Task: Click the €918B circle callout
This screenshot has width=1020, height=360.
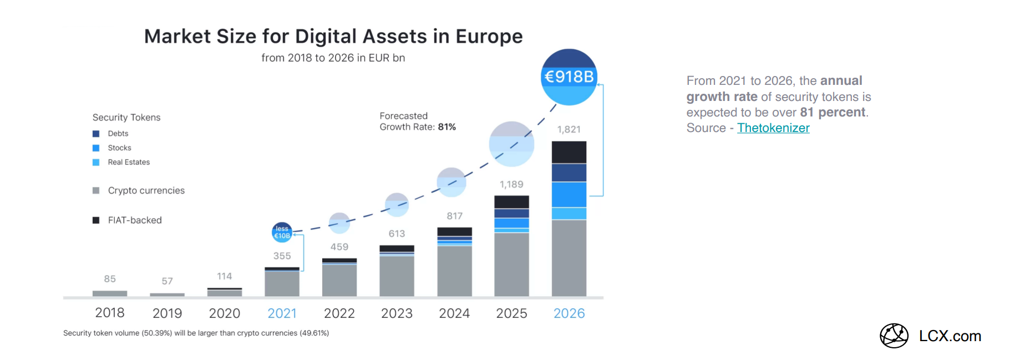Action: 569,77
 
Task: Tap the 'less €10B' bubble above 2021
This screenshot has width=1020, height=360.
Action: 282,232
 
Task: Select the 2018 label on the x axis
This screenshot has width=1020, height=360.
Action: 110,313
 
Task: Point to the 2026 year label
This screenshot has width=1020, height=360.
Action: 569,313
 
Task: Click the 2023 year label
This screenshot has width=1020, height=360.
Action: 397,313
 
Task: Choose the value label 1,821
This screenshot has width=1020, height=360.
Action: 569,129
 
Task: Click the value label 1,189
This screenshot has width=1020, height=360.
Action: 511,184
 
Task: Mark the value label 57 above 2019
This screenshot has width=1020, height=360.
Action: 167,281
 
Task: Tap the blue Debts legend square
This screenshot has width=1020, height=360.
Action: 96,134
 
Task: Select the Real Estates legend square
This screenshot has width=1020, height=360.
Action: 96,163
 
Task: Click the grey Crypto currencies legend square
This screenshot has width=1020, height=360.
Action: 96,190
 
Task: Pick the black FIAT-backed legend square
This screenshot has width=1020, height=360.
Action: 96,220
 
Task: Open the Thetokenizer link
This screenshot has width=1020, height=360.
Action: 773,128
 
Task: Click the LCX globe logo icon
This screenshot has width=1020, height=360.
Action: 894,336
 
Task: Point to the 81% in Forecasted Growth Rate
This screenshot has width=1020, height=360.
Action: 446,127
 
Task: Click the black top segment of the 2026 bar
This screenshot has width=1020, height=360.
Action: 569,152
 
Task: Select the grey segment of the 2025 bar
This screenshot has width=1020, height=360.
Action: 511,264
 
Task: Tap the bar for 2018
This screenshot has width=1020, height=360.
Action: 110,293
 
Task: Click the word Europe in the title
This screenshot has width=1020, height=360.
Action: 489,37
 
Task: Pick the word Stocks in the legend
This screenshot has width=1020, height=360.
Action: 119,148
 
